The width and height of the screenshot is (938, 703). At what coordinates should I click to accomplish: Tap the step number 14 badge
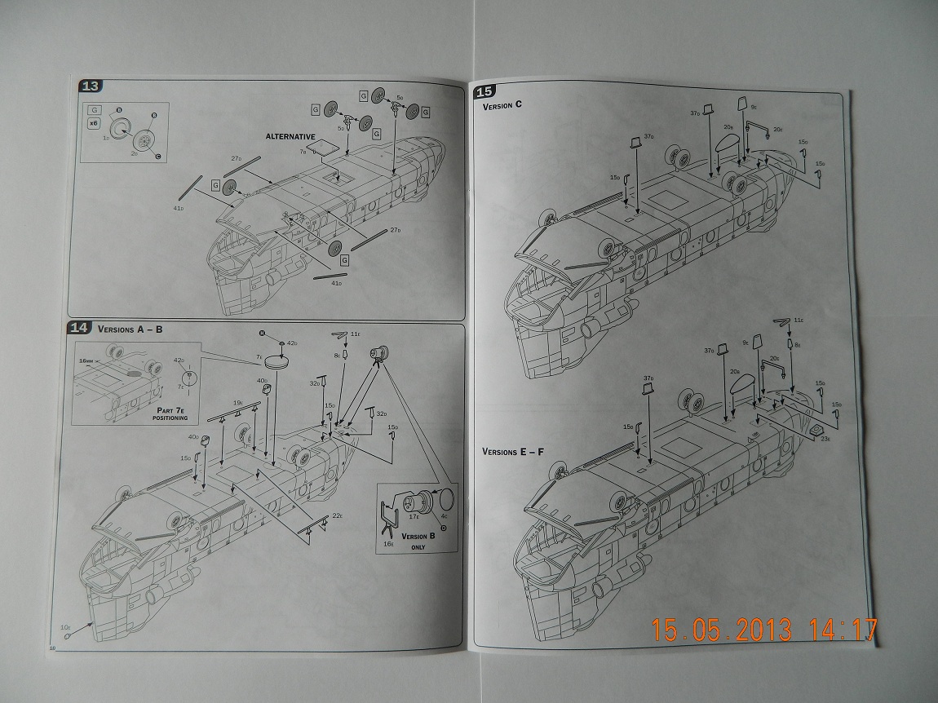79,328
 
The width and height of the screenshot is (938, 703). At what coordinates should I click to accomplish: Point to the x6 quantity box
94,123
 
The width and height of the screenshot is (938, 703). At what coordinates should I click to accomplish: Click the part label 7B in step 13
303,152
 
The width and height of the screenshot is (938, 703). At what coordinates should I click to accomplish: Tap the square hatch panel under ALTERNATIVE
324,149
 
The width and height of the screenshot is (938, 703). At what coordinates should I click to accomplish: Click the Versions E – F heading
514,451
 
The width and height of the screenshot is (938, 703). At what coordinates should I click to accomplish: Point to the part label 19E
237,402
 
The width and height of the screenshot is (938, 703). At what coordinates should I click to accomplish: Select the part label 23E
825,438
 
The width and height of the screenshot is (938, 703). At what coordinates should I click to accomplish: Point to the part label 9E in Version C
754,107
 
